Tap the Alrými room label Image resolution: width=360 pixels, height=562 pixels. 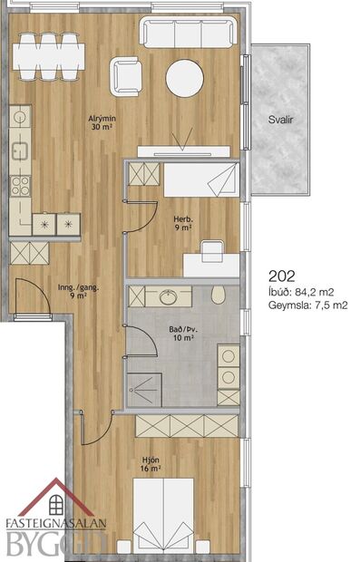click(x=101, y=121)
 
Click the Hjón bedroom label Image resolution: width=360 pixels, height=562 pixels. click(x=151, y=462)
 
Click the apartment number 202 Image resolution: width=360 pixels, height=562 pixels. click(x=283, y=276)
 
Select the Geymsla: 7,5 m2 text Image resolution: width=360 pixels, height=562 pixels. click(x=309, y=305)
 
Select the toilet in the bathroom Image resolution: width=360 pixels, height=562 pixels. click(x=217, y=296)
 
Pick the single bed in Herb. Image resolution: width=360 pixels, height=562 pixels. click(x=199, y=179)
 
